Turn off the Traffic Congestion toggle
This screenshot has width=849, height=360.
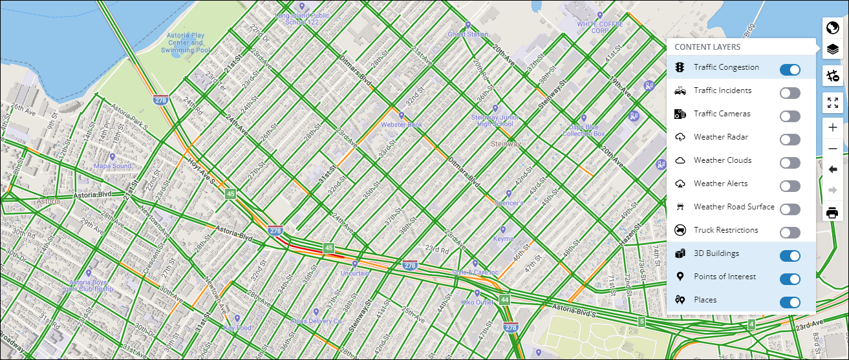click(x=790, y=70)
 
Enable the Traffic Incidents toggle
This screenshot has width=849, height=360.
click(x=790, y=93)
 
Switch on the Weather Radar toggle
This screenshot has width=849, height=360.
click(x=790, y=140)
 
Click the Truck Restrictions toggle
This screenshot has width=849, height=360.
click(x=790, y=233)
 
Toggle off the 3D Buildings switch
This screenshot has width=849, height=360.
click(x=790, y=256)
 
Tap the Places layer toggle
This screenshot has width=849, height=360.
click(x=790, y=302)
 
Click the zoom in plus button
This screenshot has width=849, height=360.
click(x=832, y=127)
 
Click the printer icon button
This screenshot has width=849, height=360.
click(x=832, y=213)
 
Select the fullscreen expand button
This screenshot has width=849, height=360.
click(x=832, y=103)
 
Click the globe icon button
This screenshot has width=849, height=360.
click(x=832, y=28)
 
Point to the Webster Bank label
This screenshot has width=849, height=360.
click(x=402, y=124)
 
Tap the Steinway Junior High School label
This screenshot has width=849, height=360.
click(x=495, y=121)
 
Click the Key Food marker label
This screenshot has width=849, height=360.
click(x=237, y=328)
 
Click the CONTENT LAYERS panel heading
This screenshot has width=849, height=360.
click(x=707, y=47)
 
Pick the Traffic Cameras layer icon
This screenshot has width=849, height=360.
click(x=680, y=114)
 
